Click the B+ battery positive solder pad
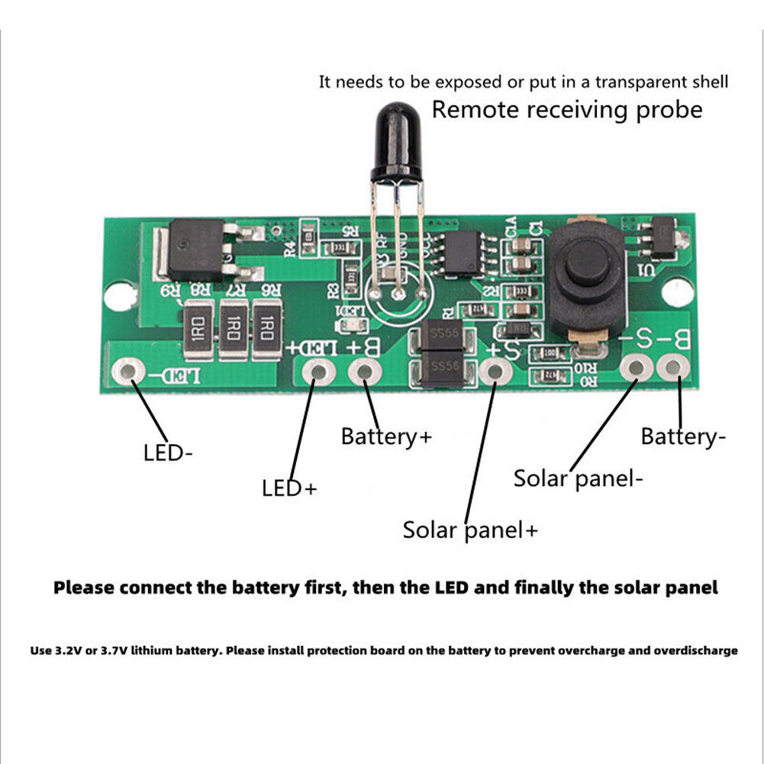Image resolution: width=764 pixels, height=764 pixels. point(365,372)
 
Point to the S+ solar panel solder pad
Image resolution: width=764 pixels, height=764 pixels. point(494,372)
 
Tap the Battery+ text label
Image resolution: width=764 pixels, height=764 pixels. point(386,437)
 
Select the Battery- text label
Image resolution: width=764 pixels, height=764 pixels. point(683,437)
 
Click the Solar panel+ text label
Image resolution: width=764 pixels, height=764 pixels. point(470,530)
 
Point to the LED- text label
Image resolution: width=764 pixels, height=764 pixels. point(168,453)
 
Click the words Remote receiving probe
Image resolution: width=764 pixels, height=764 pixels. point(566,109)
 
